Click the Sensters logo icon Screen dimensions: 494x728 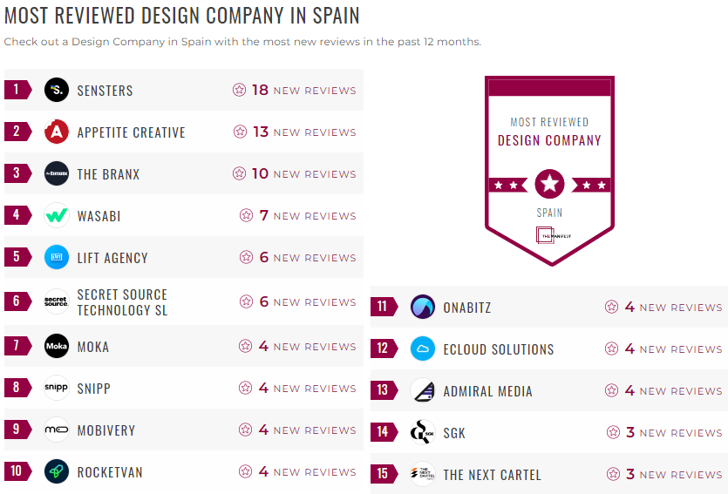57,90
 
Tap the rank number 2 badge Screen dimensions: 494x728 17,132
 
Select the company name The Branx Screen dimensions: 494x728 108,174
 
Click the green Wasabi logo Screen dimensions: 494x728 57,215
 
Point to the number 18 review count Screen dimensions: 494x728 260,90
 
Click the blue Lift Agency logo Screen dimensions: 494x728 57,257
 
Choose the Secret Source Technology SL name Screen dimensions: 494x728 122,302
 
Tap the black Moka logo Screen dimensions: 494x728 57,346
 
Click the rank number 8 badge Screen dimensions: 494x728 17,388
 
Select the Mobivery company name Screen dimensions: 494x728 106,430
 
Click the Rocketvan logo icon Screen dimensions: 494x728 57,471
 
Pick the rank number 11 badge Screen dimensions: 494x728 383,307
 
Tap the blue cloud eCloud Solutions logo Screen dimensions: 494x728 423,349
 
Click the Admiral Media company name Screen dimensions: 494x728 487,391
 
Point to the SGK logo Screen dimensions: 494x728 423,432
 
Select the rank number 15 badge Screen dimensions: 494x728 383,475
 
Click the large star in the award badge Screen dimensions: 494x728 549,184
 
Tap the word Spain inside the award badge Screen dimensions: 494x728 549,213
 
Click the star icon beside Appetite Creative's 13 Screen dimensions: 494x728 240,132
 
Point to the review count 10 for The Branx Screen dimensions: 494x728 260,173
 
